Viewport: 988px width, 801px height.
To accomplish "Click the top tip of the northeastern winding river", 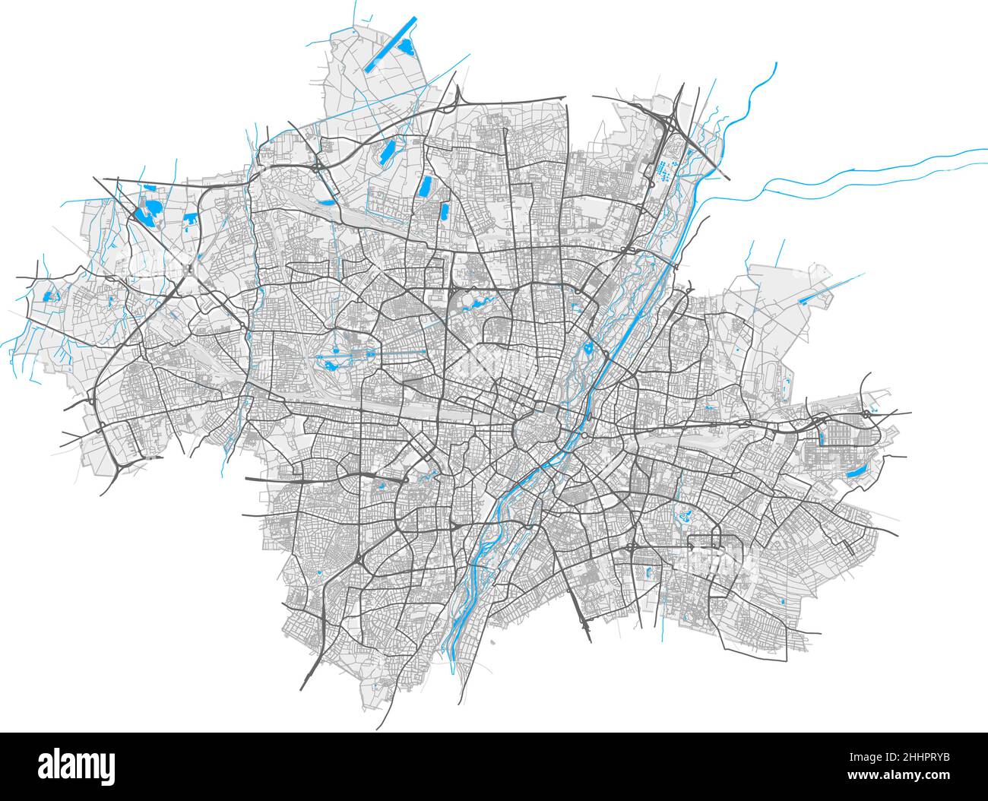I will point(774,65).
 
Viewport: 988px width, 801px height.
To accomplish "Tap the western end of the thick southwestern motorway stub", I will point(248,480).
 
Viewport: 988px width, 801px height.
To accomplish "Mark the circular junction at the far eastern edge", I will point(866,415).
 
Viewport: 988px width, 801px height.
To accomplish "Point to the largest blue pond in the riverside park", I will point(587,350).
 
